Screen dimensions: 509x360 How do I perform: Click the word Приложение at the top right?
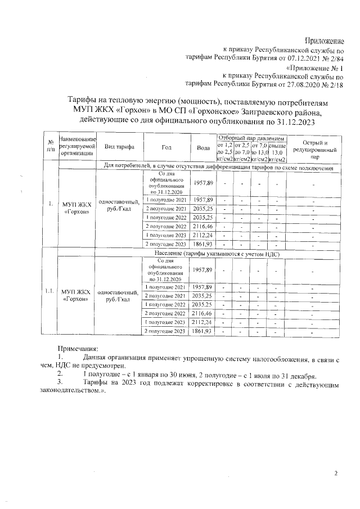pos(324,40)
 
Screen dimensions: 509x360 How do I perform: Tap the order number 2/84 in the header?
pos(334,57)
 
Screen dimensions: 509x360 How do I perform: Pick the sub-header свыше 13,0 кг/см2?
pos(278,153)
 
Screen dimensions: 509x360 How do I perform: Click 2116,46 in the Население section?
pos(203,312)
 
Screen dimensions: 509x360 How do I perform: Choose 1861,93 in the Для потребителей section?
pos(203,245)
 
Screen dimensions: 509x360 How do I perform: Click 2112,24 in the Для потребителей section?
pos(203,235)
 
